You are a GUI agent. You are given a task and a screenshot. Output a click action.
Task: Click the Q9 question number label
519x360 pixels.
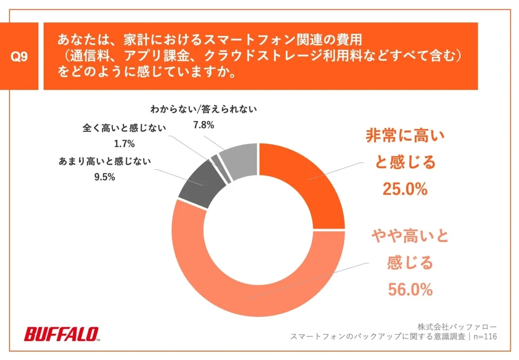19,57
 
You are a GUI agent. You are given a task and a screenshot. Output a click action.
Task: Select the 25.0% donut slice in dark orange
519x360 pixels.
306,184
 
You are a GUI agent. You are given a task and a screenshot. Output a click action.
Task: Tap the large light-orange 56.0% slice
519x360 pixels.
252,288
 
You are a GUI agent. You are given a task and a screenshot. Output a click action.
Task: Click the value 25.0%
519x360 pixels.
404,189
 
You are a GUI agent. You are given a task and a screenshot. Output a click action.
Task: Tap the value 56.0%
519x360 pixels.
410,289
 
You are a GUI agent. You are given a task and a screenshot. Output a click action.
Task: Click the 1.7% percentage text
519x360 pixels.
125,144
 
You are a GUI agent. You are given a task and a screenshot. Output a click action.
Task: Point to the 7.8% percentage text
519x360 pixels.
203,125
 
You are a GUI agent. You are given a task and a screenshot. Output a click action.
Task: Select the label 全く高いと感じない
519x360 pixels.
124,128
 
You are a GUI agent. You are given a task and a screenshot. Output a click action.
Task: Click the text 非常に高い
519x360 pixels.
404,136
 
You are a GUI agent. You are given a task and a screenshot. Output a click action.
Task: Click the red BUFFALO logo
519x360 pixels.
61,333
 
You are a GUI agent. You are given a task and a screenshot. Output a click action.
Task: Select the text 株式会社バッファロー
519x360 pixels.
457,326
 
